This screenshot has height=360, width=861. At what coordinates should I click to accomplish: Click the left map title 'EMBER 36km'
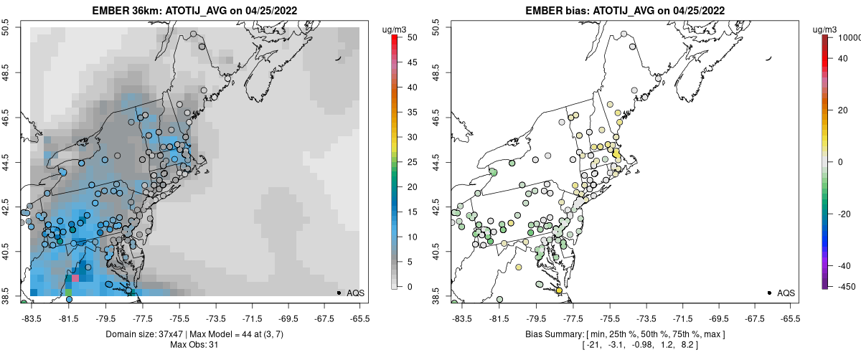[123, 11]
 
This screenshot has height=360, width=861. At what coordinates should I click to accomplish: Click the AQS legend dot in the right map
[768, 293]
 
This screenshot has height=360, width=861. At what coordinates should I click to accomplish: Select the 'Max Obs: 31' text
[194, 346]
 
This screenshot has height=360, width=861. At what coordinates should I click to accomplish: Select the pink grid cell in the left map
[75, 278]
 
